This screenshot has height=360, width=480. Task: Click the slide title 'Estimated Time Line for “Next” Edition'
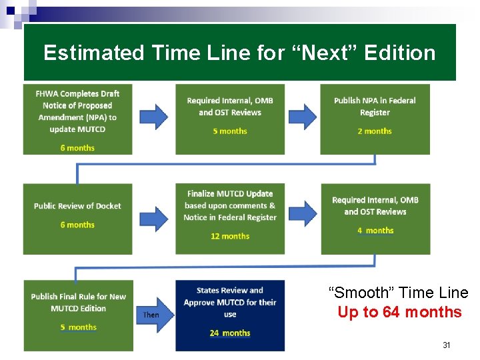point(239,53)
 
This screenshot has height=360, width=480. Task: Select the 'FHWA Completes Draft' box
point(78,119)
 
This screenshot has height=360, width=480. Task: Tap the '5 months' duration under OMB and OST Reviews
point(230,131)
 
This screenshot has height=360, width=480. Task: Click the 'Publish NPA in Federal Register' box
point(375,119)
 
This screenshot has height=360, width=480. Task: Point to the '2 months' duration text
point(375,131)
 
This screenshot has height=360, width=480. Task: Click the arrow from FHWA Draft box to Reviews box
point(153,116)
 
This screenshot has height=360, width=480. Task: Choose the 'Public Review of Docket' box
point(78,219)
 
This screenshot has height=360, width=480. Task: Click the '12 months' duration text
point(230,236)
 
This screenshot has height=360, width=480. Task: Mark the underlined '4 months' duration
point(375,231)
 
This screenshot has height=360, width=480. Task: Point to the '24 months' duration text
point(230,333)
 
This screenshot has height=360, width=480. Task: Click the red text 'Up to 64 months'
point(399,312)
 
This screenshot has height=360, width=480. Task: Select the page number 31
point(447,345)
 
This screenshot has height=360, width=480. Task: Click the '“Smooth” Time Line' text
point(399,293)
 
